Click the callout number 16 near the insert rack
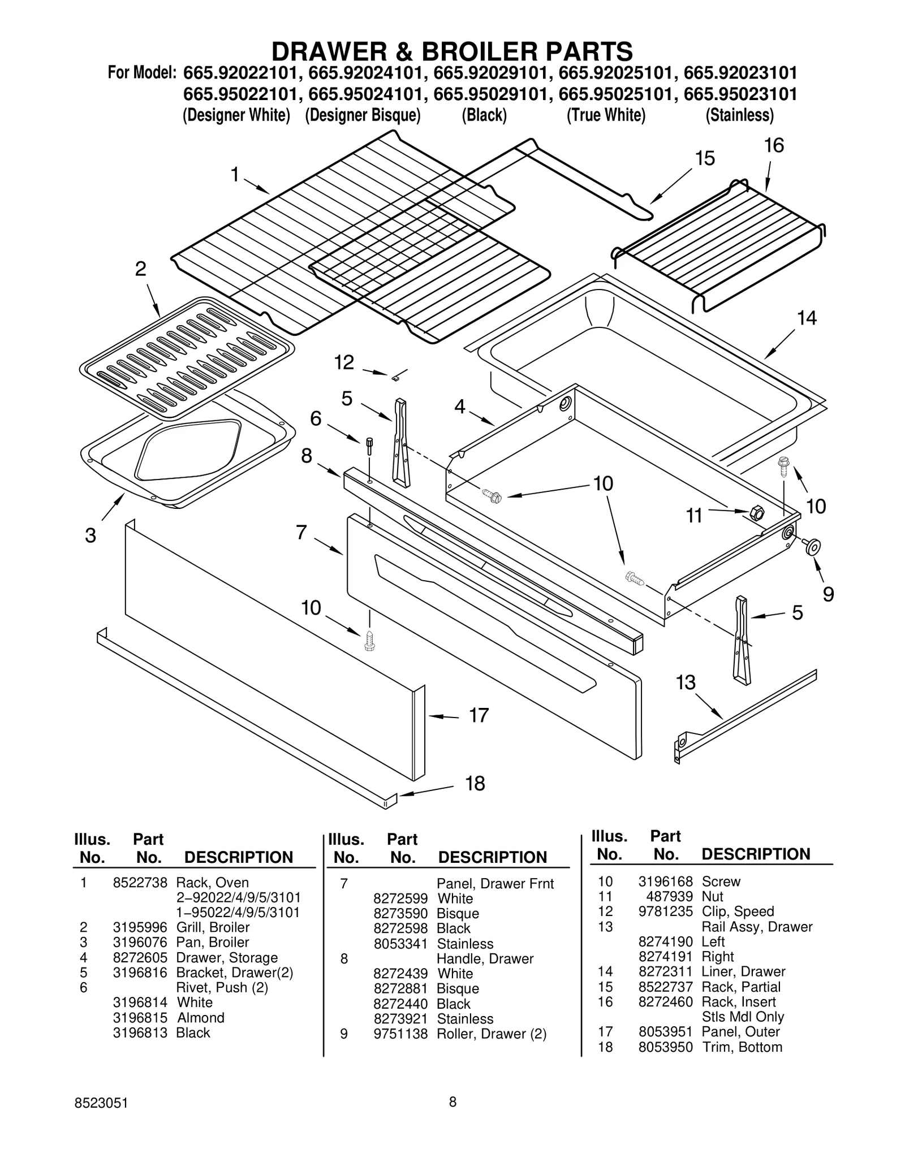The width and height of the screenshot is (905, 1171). click(774, 146)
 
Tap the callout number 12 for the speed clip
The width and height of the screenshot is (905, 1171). click(344, 362)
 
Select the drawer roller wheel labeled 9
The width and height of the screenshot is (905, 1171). click(813, 546)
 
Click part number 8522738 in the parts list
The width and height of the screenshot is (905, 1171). click(140, 883)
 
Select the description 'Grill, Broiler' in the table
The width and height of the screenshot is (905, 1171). click(213, 927)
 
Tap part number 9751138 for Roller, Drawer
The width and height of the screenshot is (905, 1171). click(400, 1034)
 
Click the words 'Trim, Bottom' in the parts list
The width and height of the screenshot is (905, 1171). click(742, 1047)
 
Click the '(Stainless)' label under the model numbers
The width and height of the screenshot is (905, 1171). click(739, 115)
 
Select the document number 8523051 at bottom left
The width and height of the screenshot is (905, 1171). click(101, 1103)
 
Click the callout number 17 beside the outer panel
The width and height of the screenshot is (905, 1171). click(479, 715)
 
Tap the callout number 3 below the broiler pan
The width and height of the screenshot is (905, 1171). click(90, 535)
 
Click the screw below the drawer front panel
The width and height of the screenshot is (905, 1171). click(369, 640)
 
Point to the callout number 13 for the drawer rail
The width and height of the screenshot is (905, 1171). click(686, 682)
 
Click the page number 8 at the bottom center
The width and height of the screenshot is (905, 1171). click(453, 1101)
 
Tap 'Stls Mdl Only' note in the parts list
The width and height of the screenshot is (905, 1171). click(742, 1017)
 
